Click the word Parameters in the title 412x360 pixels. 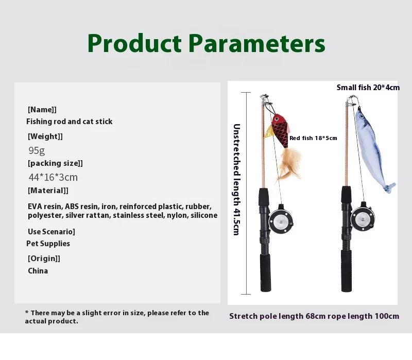pyautogui.click(x=257, y=43)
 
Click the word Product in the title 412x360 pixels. pyautogui.click(x=134, y=43)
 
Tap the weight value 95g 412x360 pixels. pyautogui.click(x=37, y=150)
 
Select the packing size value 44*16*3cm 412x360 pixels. pyautogui.click(x=53, y=177)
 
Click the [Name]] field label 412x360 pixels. pyautogui.click(x=42, y=110)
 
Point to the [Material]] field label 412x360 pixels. pyautogui.click(x=48, y=191)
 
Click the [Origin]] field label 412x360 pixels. pyautogui.click(x=44, y=259)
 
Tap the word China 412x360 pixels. pyautogui.click(x=38, y=271)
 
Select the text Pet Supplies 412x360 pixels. pyautogui.click(x=48, y=244)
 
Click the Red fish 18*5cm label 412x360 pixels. pyautogui.click(x=313, y=138)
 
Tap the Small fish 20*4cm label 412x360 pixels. pyautogui.click(x=368, y=88)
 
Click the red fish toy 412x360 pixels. pyautogui.click(x=279, y=129)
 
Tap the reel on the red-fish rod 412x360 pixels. pyautogui.click(x=281, y=221)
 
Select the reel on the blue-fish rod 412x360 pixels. pyautogui.click(x=363, y=217)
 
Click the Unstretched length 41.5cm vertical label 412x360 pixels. pyautogui.click(x=237, y=179)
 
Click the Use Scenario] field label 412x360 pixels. pyautogui.click(x=51, y=232)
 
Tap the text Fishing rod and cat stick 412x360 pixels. pyautogui.click(x=70, y=122)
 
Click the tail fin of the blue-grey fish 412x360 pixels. pyautogui.click(x=389, y=187)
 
